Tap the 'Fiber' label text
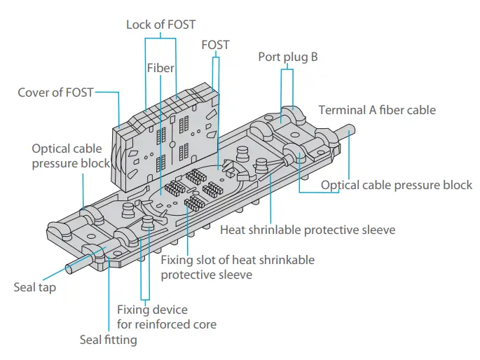(160, 68)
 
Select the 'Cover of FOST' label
(55, 92)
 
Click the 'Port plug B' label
(287, 57)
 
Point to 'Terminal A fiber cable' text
(377, 110)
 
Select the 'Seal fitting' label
(108, 340)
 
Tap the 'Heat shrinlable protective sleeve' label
(308, 230)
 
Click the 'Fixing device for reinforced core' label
(166, 317)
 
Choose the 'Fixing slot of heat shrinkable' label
(238, 260)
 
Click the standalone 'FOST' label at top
(215, 45)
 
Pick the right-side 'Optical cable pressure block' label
(397, 185)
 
